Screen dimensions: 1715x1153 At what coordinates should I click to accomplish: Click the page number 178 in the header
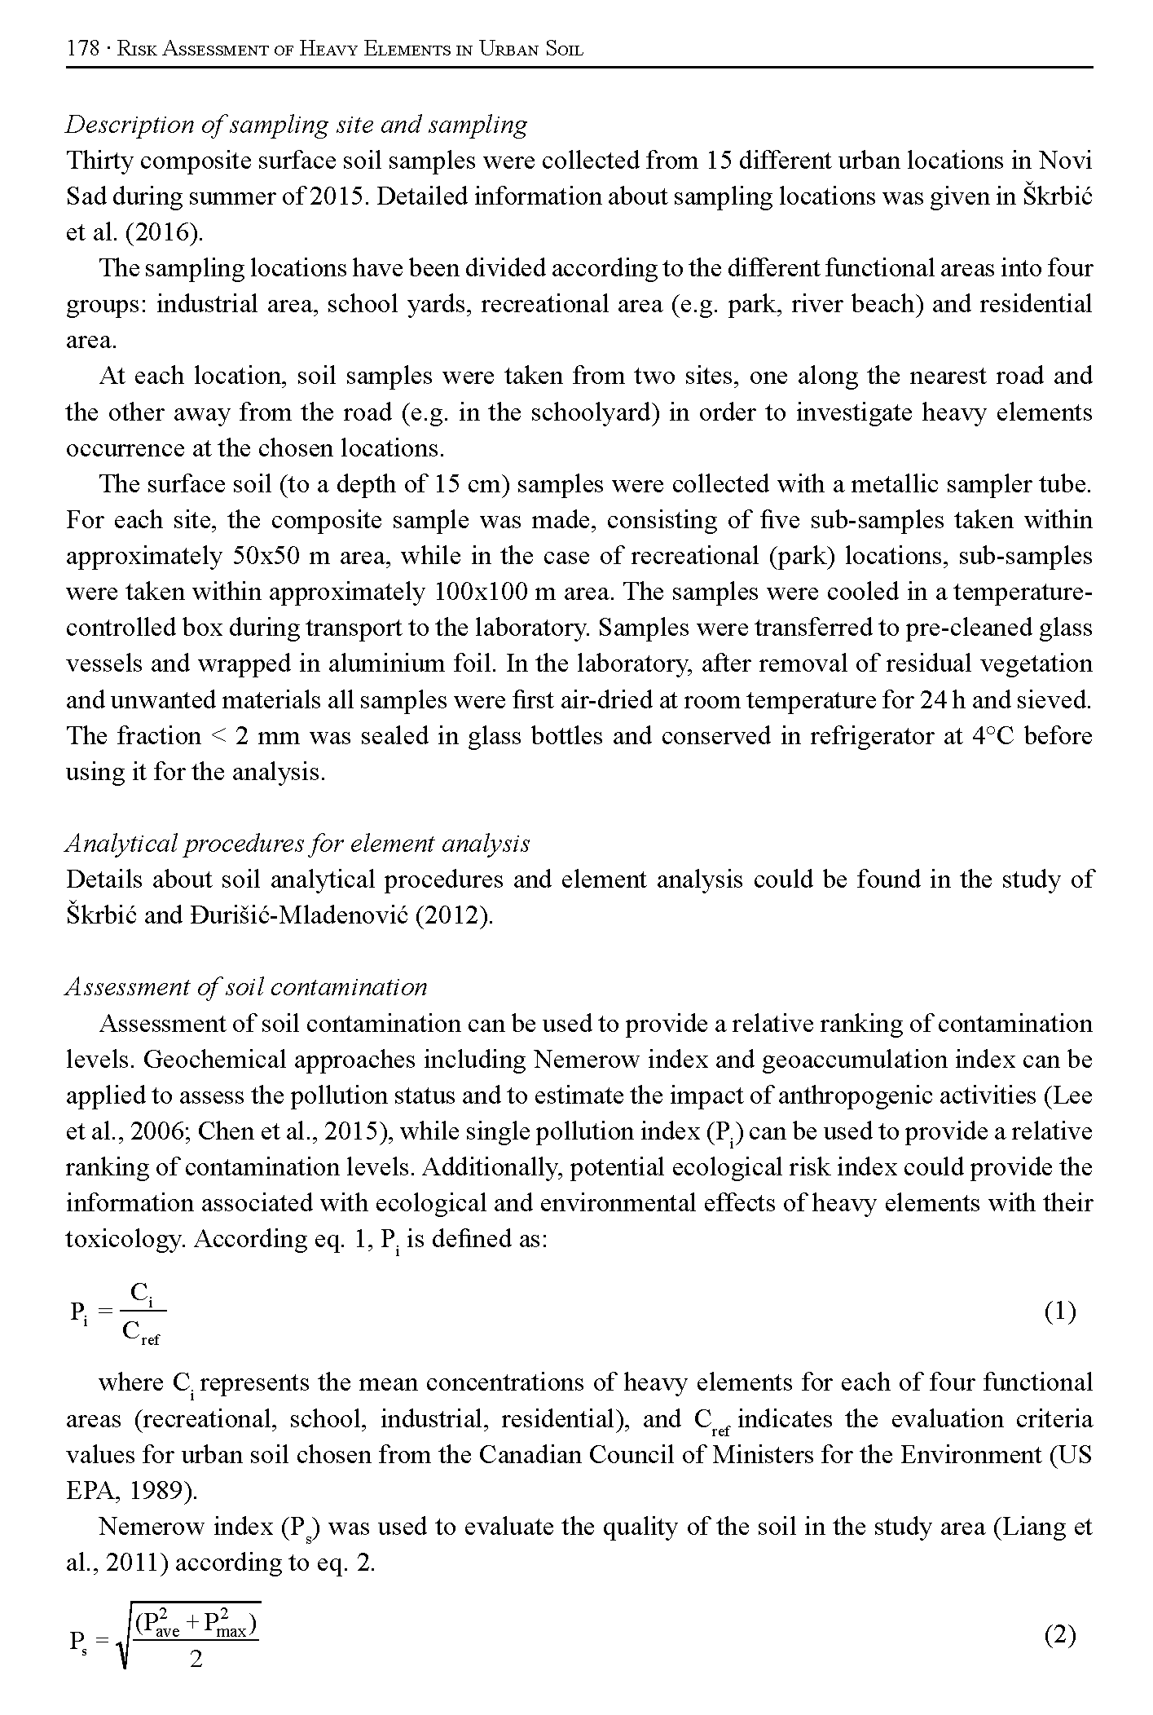coord(81,48)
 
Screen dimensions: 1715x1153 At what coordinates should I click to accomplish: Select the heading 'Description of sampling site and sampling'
coord(296,125)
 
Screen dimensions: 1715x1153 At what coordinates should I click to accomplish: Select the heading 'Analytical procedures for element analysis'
coord(297,844)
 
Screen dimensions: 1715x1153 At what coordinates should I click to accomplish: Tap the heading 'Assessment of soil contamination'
coord(246,987)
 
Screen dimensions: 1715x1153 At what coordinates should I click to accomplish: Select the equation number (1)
coord(1059,1312)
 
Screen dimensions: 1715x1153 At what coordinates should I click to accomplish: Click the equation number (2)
coord(1059,1634)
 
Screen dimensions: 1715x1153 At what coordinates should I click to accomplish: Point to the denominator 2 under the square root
coord(196,1660)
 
